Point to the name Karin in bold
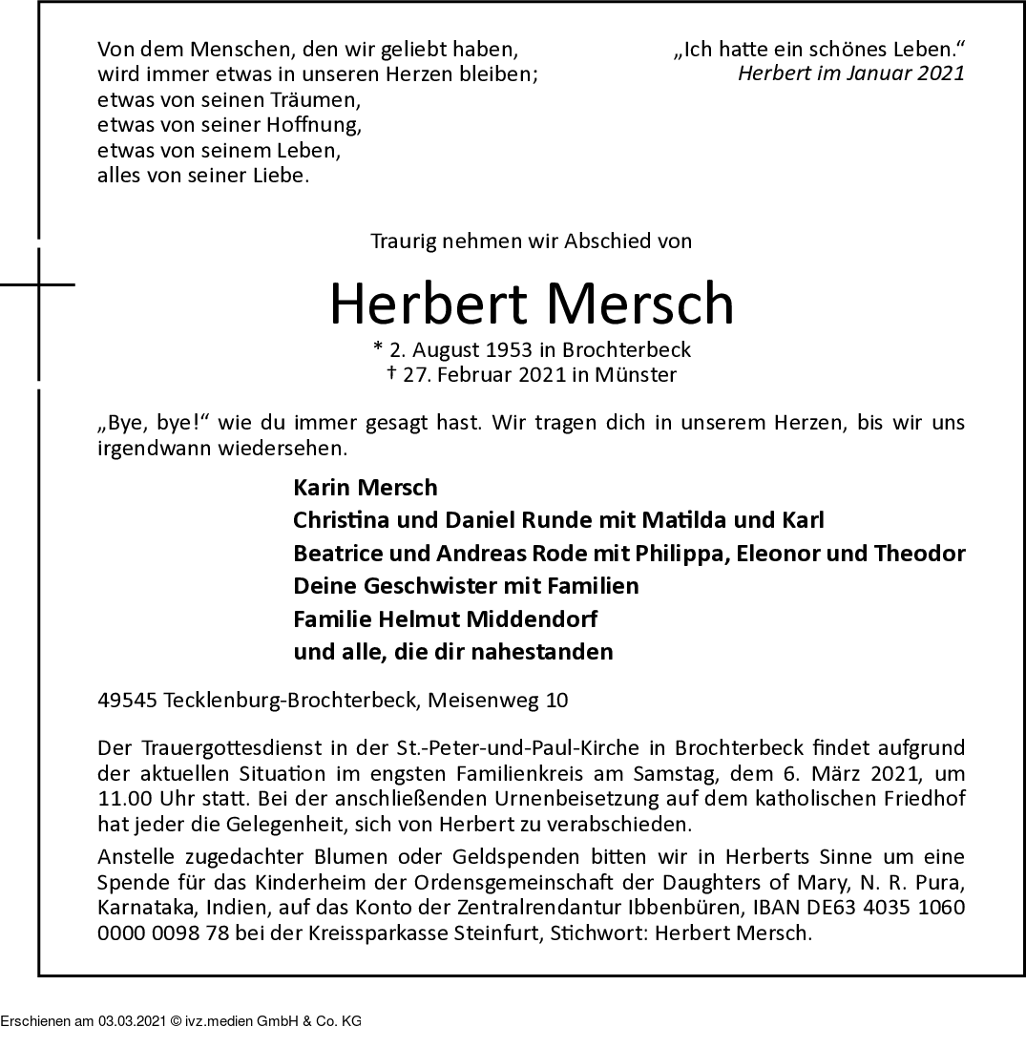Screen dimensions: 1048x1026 [323, 488]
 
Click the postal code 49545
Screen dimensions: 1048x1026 [128, 701]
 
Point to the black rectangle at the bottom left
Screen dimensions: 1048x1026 [180, 1012]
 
